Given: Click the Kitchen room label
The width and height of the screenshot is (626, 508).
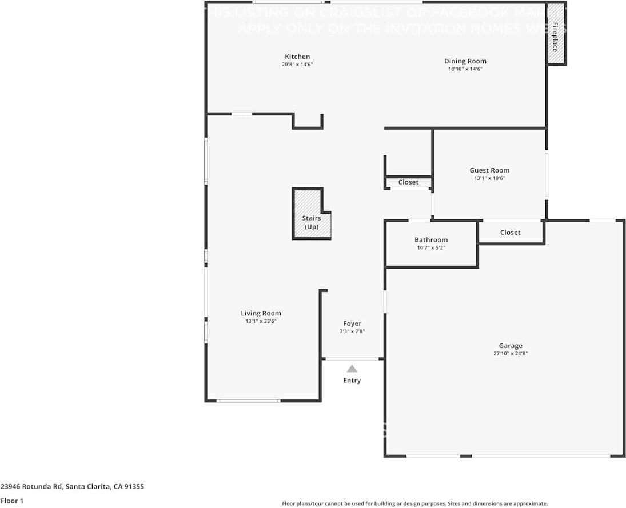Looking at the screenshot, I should pyautogui.click(x=297, y=57).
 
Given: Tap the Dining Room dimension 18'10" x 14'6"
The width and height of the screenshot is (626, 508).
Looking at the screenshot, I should pyautogui.click(x=465, y=69).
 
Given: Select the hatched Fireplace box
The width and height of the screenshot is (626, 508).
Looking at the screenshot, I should pyautogui.click(x=554, y=34).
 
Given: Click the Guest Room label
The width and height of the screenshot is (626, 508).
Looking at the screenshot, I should pyautogui.click(x=489, y=170).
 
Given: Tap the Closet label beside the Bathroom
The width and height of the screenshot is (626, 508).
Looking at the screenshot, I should pyautogui.click(x=510, y=233).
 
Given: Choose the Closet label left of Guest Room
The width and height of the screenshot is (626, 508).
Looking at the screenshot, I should pyautogui.click(x=408, y=182).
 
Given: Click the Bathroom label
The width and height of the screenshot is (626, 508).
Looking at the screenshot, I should pyautogui.click(x=431, y=240).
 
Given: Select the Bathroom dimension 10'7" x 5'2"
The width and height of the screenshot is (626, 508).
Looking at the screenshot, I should pyautogui.click(x=431, y=248).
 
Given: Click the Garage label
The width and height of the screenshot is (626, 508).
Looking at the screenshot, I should pyautogui.click(x=510, y=346).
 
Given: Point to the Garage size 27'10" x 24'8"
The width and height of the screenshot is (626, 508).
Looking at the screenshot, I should pyautogui.click(x=510, y=354).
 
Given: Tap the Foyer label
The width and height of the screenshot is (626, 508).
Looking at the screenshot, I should pyautogui.click(x=352, y=323).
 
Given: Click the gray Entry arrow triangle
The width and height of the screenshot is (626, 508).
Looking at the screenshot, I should pyautogui.click(x=352, y=369).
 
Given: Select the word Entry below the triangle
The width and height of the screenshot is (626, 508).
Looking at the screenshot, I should pyautogui.click(x=352, y=381).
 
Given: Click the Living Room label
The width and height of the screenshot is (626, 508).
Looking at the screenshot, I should pyautogui.click(x=261, y=313).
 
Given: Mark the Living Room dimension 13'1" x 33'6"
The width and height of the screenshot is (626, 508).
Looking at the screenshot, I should pyautogui.click(x=261, y=321).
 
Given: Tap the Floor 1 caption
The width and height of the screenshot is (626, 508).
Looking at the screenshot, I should pyautogui.click(x=11, y=501).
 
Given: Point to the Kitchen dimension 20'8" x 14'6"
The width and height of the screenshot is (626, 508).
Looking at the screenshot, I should pyautogui.click(x=297, y=65).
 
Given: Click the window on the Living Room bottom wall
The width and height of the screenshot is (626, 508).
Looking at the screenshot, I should pyautogui.click(x=248, y=401).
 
